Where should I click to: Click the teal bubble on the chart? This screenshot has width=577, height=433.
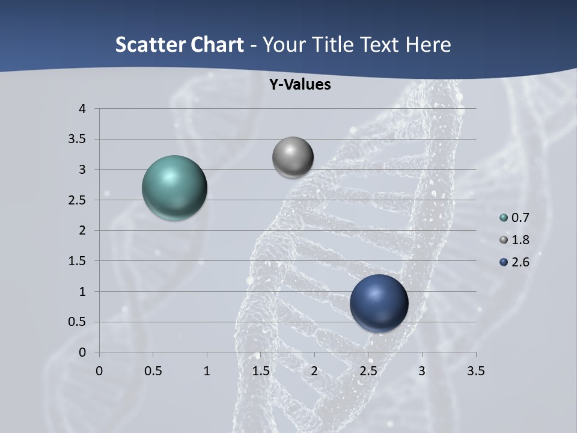coord(175,188)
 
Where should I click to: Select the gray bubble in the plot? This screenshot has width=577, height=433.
coord(293,157)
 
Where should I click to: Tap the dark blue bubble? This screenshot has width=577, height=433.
coord(379,303)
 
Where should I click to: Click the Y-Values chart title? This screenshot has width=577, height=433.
coord(299,85)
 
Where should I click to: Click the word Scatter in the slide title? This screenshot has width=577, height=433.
coord(150,45)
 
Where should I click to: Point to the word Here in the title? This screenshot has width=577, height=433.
coord(427,45)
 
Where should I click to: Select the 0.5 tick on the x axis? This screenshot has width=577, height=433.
coord(153,371)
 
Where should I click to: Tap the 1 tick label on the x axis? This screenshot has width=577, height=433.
coord(207,371)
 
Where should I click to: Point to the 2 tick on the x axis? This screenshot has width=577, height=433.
coord(314,371)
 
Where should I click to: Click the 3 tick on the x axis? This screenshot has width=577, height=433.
coord(422,371)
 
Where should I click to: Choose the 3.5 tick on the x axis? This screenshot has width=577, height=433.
coord(475,371)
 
